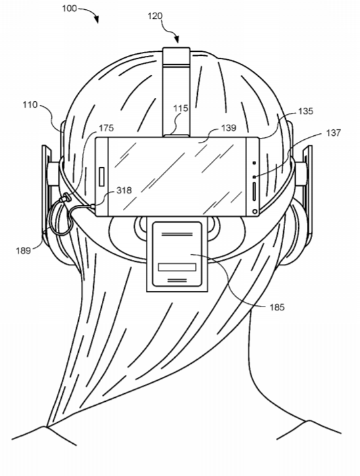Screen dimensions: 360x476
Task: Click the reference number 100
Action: click(69, 9)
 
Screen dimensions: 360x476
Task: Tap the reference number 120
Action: click(155, 16)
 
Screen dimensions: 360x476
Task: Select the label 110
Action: click(30, 105)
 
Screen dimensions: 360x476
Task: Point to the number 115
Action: click(181, 108)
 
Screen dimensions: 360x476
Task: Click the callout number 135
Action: click(305, 112)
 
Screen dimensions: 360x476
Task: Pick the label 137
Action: click(334, 133)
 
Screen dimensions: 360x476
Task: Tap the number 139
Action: click(229, 128)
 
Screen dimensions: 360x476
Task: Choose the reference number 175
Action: click(106, 129)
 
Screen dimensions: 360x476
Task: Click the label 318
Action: click(124, 190)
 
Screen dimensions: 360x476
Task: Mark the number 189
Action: click(24, 251)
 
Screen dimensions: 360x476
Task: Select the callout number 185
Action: click(277, 307)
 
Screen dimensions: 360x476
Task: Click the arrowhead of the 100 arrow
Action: click(97, 20)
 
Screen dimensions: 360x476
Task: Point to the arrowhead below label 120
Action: click(177, 39)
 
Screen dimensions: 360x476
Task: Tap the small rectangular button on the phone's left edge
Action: click(102, 176)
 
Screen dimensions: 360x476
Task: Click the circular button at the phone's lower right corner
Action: click(255, 211)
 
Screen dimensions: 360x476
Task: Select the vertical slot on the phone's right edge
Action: click(254, 192)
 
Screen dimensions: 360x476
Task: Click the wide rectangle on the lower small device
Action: click(177, 267)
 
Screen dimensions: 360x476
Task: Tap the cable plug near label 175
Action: click(65, 199)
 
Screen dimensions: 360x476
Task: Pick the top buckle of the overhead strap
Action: click(176, 56)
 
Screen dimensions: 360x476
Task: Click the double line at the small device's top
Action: click(177, 234)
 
